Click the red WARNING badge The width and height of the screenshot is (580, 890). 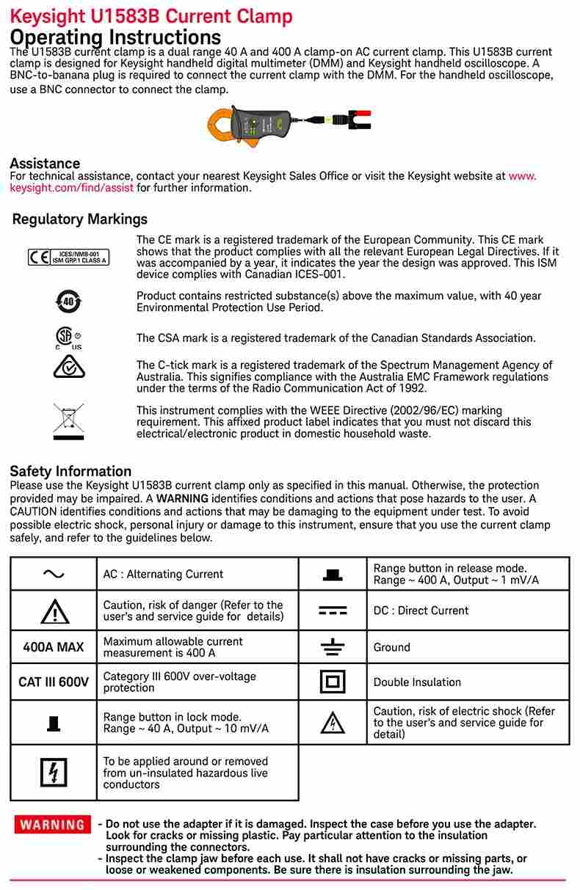52,824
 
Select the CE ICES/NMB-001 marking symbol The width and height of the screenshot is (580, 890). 68,257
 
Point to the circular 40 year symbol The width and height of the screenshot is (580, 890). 68,301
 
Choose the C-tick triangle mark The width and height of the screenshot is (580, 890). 69,366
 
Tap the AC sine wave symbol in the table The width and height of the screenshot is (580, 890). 54,574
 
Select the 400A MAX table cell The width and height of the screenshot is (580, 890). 54,647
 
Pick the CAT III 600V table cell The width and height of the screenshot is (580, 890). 54,682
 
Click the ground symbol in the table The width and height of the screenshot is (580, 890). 333,647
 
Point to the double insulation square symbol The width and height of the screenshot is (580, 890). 333,682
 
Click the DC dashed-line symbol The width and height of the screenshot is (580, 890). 333,610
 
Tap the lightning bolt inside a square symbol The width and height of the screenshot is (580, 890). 54,773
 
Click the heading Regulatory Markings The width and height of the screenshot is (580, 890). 80,219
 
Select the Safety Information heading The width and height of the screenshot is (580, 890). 70,471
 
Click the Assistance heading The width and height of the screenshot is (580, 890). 45,163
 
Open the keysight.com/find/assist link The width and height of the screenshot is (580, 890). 72,188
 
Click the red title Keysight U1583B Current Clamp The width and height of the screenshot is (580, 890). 151,16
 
